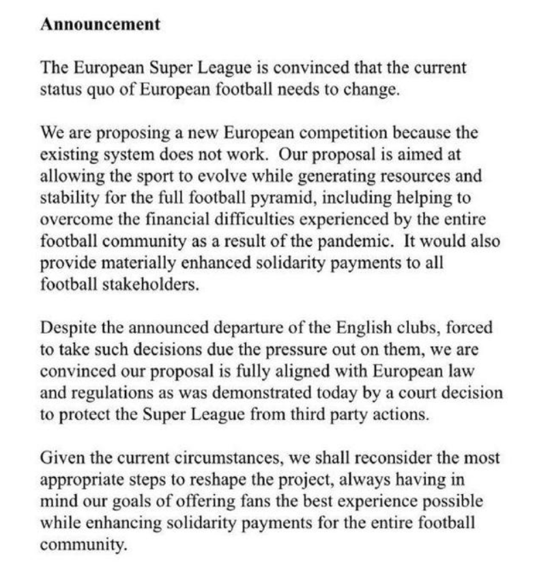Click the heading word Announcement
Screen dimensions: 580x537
(x=100, y=25)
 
